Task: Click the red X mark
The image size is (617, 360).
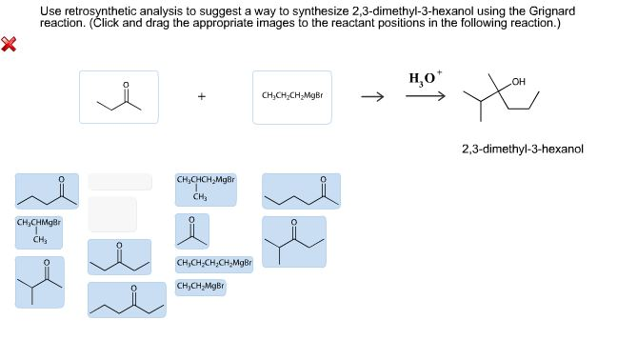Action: tap(10, 44)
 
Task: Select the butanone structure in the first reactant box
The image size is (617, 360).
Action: tap(119, 97)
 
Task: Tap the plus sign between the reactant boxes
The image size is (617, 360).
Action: tap(201, 95)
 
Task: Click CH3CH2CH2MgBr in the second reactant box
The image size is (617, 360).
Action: tap(291, 95)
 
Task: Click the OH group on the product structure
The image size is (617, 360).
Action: tap(518, 81)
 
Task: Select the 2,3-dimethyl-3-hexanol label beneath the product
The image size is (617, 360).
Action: tap(522, 149)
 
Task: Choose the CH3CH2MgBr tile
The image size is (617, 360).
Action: tap(201, 286)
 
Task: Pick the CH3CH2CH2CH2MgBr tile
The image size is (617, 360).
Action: tap(214, 263)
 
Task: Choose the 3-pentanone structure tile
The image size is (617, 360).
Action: tap(119, 255)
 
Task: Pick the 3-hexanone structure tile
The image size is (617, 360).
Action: tap(127, 299)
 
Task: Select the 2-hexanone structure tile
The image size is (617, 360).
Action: tap(301, 190)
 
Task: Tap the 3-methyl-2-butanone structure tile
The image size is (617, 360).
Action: tap(39, 281)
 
